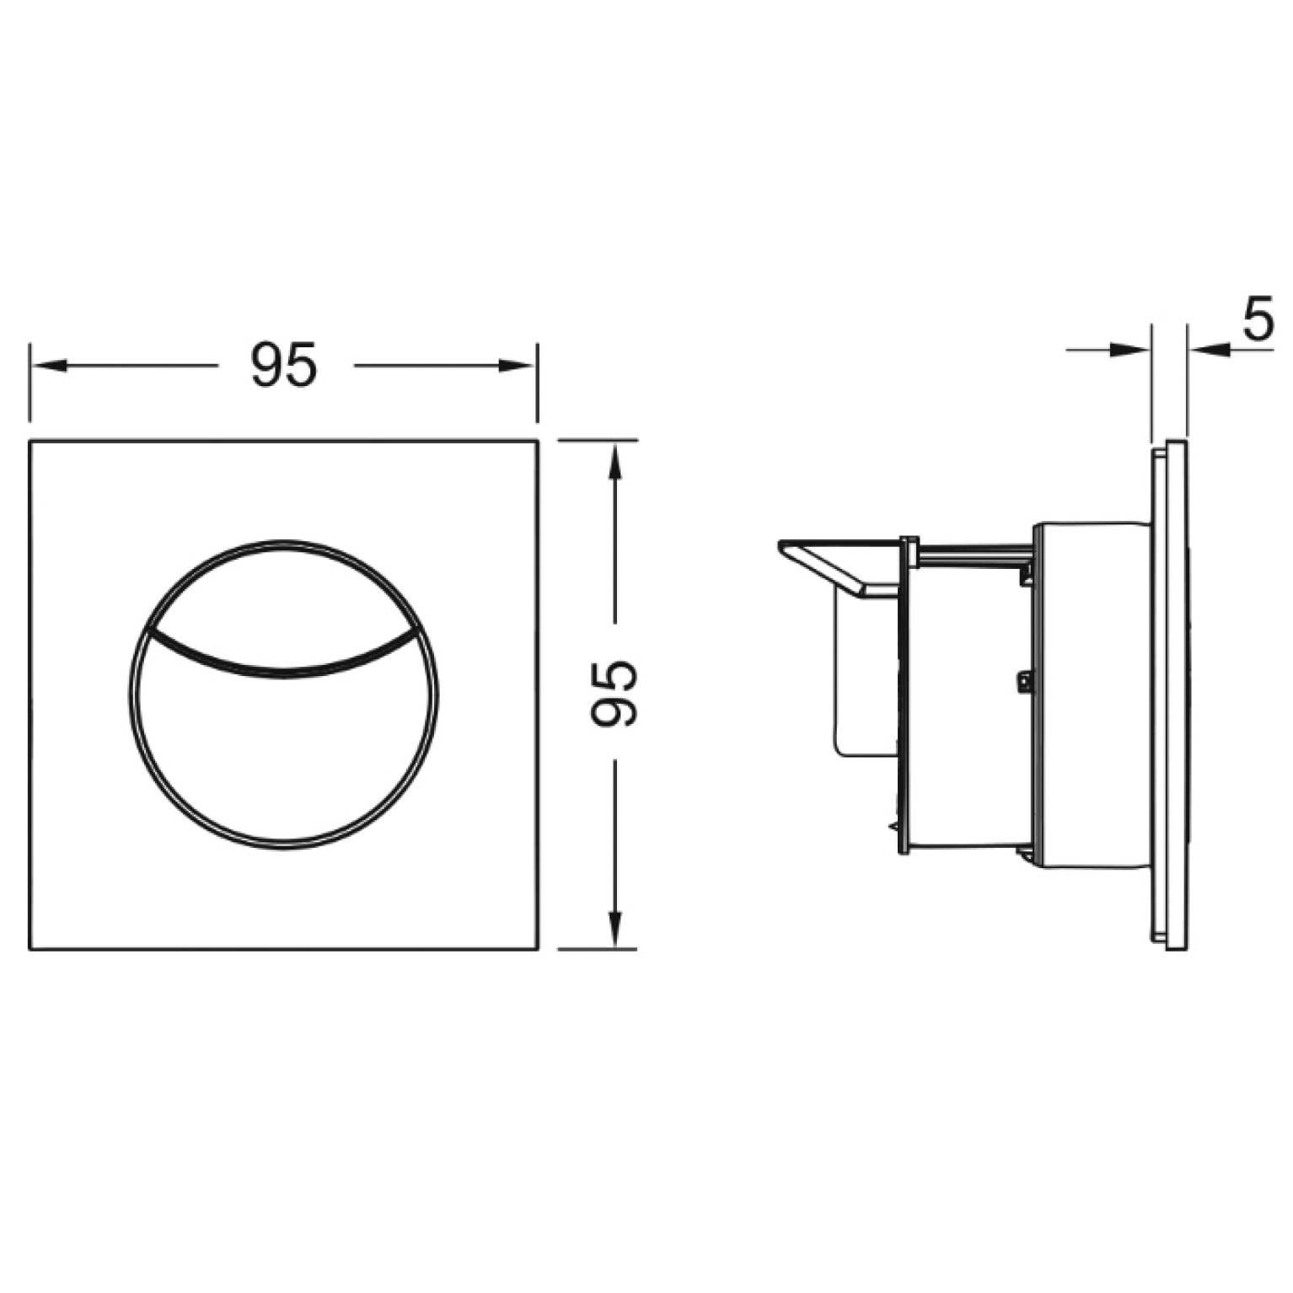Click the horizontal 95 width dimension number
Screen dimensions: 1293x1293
click(284, 365)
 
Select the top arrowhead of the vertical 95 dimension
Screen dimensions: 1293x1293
click(615, 460)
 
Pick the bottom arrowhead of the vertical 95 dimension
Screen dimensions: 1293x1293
click(615, 930)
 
